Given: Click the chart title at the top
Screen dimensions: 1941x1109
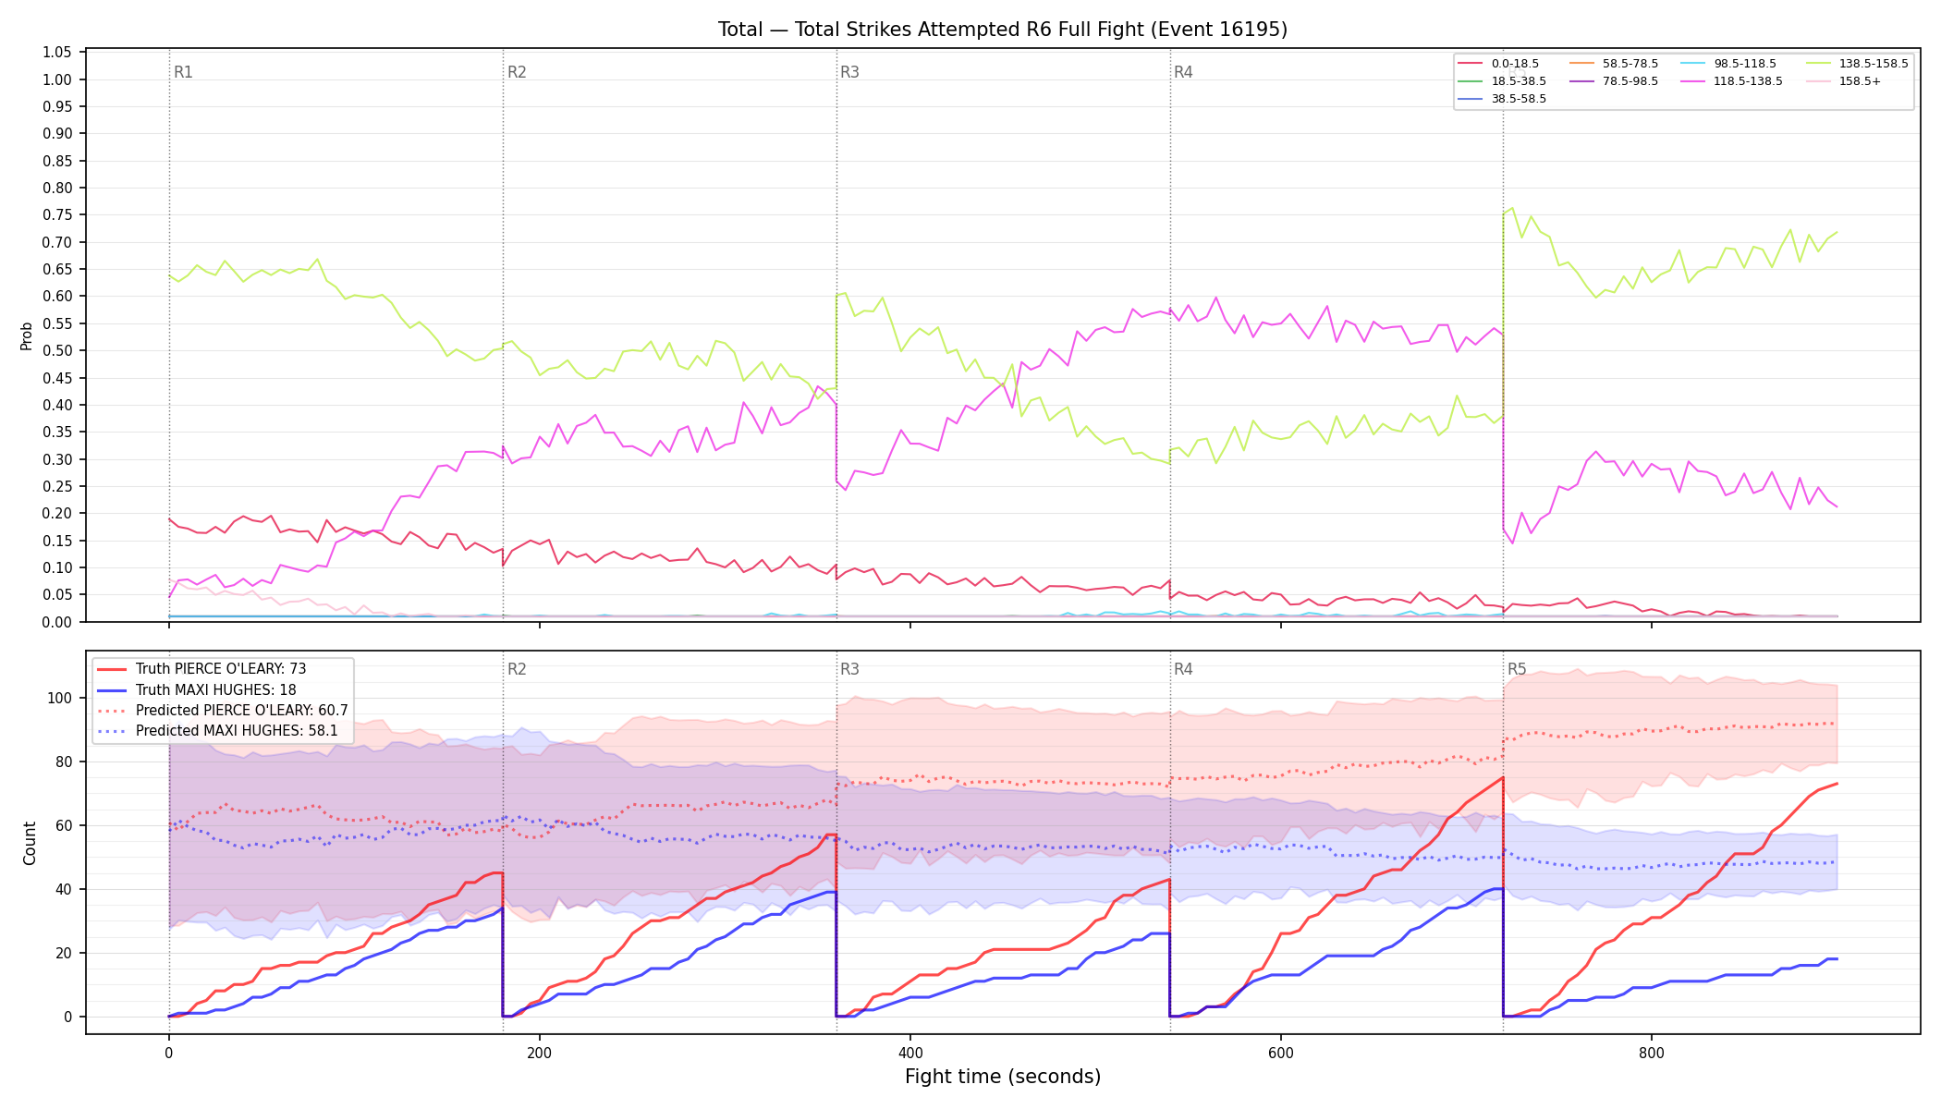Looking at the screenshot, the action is click(1003, 30).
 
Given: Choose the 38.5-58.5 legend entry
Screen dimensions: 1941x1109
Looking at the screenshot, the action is click(1502, 99).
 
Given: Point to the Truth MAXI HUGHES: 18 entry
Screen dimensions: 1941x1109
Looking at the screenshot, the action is click(197, 689).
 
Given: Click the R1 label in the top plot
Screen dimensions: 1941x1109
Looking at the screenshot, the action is click(183, 72).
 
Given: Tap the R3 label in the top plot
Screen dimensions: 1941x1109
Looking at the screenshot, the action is click(849, 72).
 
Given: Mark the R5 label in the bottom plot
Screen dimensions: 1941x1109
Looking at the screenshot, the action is click(1517, 669).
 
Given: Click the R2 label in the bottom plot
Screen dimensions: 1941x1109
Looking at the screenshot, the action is click(517, 669).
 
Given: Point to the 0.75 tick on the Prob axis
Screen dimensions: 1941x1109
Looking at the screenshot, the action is click(57, 215).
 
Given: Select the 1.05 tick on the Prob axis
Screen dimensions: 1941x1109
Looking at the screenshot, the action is click(57, 53).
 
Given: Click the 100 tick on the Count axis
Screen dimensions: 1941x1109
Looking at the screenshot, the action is click(60, 698).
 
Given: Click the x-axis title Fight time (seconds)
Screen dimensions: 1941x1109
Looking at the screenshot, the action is click(1003, 1077).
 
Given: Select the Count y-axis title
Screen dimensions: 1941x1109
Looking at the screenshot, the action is click(30, 843).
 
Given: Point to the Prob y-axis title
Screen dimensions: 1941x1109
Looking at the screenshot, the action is click(27, 335).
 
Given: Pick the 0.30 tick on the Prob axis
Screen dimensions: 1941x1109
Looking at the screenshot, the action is click(57, 459).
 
